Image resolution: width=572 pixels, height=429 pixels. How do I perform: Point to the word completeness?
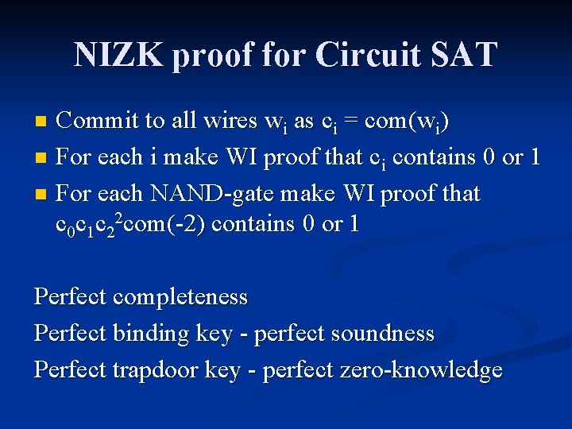180,297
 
